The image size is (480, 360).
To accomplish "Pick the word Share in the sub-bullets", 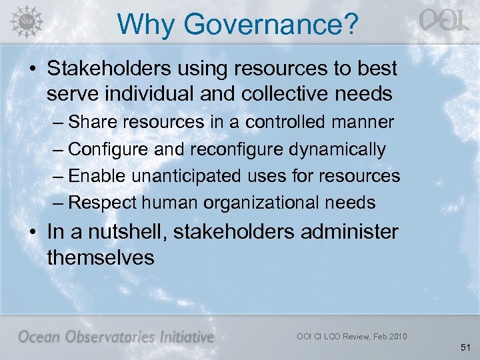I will (89, 123).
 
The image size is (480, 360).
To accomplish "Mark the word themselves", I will (100, 257).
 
